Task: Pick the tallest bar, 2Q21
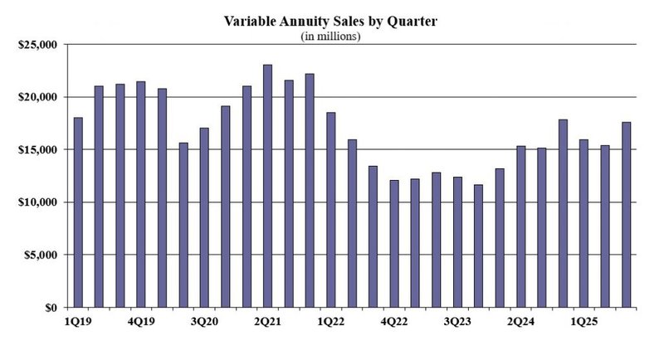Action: coord(267,186)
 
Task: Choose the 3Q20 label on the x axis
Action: coord(204,320)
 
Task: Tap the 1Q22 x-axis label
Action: coord(330,320)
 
